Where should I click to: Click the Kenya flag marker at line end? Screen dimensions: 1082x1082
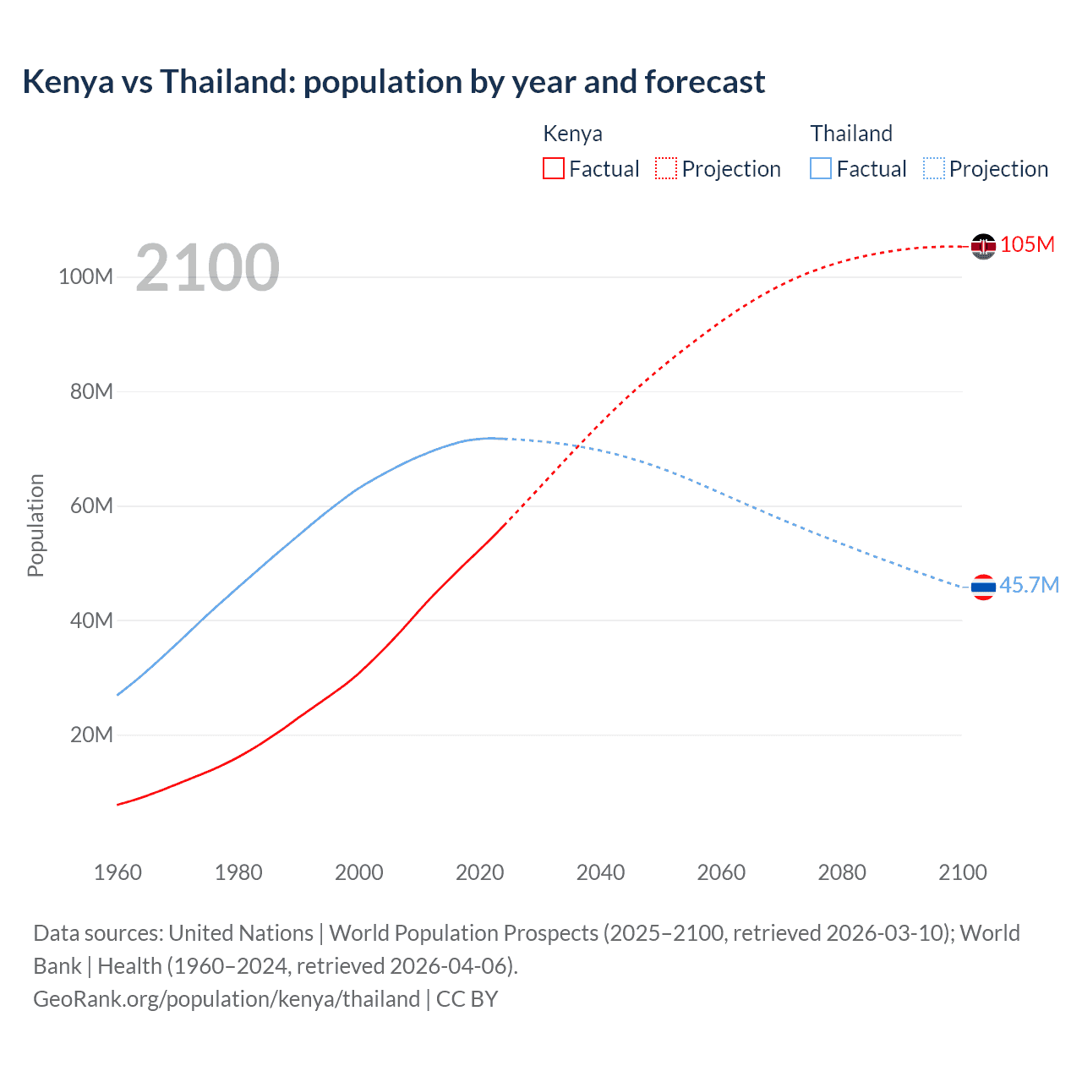[x=983, y=246]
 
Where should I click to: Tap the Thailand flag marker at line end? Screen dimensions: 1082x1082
[x=983, y=587]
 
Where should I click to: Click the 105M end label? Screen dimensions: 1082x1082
[x=1027, y=244]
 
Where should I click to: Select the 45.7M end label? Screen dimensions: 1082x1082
[x=1029, y=585]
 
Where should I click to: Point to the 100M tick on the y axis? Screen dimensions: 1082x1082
[x=85, y=277]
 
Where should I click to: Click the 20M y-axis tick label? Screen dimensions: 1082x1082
[x=91, y=735]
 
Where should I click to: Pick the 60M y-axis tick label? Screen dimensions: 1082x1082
[x=91, y=506]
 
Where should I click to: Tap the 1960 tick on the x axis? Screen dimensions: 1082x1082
[x=117, y=872]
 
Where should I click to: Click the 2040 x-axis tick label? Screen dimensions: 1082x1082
[x=600, y=872]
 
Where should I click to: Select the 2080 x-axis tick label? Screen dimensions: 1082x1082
[x=842, y=872]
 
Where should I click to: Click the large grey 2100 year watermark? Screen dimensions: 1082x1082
[x=207, y=268]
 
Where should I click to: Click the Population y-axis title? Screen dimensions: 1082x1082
[x=36, y=525]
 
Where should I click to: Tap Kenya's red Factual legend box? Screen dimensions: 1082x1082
[x=553, y=168]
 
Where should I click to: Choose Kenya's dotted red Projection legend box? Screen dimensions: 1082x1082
[x=666, y=168]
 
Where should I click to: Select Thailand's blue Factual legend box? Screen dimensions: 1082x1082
[x=821, y=168]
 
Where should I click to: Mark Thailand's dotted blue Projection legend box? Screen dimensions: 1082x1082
[x=933, y=168]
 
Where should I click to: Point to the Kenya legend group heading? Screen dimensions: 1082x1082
[x=572, y=134]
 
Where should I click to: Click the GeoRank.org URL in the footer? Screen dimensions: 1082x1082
[x=227, y=999]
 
